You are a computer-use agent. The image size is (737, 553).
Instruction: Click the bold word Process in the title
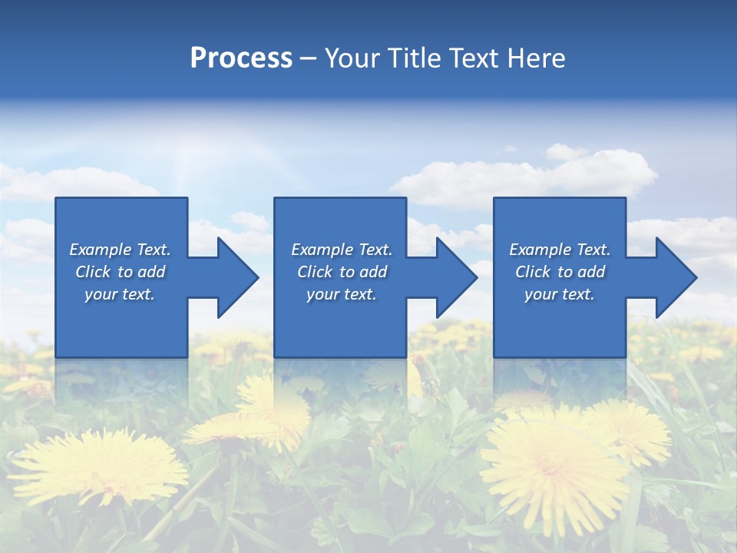(x=241, y=58)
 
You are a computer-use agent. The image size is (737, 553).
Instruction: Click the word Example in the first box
(x=100, y=250)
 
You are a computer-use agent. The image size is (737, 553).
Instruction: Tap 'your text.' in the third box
(x=560, y=294)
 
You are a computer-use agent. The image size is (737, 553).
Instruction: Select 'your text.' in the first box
(x=120, y=294)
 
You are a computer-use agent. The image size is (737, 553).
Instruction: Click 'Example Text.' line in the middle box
(x=341, y=250)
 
